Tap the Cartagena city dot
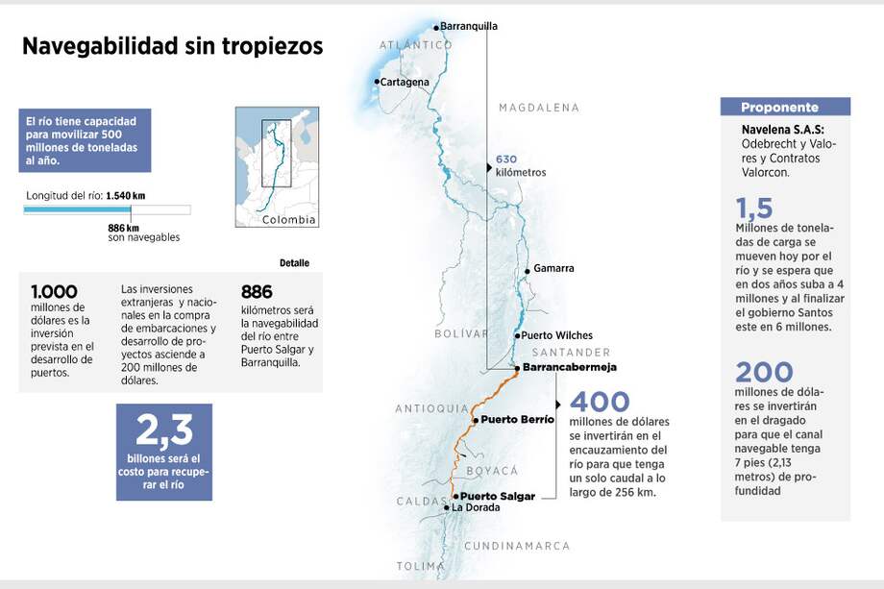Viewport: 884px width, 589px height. (x=377, y=82)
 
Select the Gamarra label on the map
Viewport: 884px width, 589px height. (x=553, y=268)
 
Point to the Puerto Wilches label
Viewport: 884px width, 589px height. (x=556, y=336)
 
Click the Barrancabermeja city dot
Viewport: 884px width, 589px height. (x=517, y=368)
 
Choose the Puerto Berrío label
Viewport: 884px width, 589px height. (x=517, y=419)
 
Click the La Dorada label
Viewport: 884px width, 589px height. (x=476, y=507)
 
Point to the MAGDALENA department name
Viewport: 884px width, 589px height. (x=539, y=108)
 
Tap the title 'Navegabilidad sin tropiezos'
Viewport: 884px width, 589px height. (x=173, y=46)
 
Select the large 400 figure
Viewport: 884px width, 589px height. (x=600, y=403)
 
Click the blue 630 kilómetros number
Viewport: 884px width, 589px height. (x=506, y=160)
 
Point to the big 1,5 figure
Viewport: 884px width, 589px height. (x=754, y=208)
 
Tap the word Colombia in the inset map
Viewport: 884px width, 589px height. (x=289, y=220)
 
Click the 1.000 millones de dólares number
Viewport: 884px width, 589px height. (x=55, y=292)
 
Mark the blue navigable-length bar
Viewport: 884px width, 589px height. (x=81, y=209)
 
